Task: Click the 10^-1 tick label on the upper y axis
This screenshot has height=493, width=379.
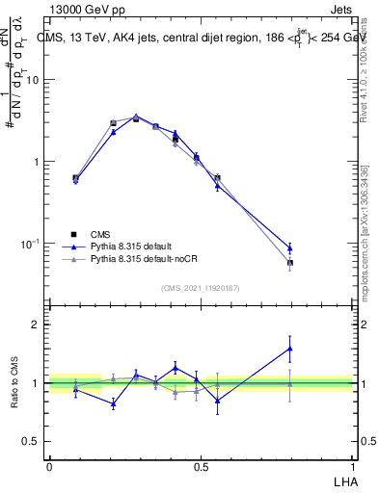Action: (x=30, y=243)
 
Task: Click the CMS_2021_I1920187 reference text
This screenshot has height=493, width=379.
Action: (x=201, y=288)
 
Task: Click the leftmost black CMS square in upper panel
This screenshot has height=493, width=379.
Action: (x=76, y=177)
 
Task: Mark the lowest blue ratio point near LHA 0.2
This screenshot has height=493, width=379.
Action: (x=113, y=403)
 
